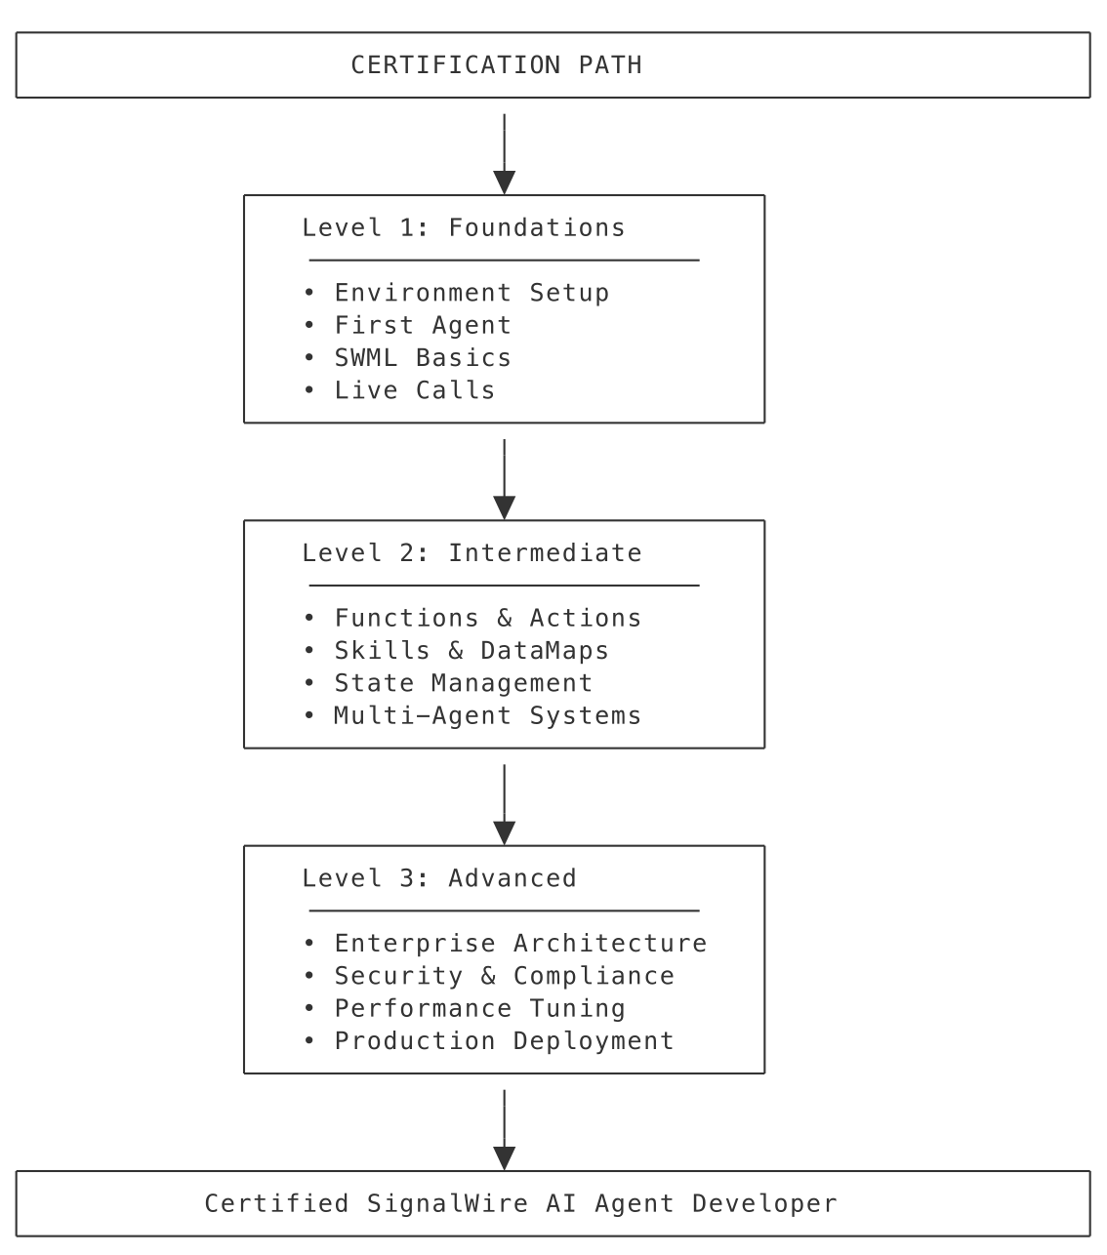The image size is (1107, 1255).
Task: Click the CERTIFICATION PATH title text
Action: (496, 65)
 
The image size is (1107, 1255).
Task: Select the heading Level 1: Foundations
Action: (463, 227)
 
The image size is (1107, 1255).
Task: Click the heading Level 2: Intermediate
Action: (471, 553)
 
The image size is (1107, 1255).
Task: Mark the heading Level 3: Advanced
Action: (438, 878)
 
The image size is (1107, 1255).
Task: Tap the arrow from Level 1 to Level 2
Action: (504, 478)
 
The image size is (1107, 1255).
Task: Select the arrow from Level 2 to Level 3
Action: (504, 803)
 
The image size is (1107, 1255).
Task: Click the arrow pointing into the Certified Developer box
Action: (504, 1129)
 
